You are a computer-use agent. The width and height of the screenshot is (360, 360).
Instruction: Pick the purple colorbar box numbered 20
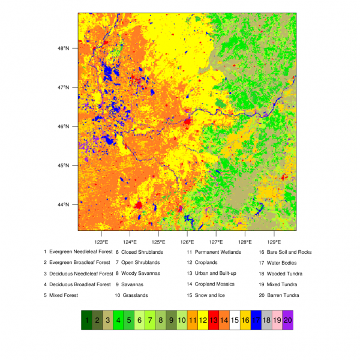coord(288,321)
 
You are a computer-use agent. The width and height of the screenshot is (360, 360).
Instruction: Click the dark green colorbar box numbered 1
coord(87,321)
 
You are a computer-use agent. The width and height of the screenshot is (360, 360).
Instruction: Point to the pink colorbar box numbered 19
coord(277,321)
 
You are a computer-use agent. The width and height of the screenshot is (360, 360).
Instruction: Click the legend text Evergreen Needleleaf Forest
coord(81,252)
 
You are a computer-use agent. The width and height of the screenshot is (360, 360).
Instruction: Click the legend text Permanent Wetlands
coord(218,252)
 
